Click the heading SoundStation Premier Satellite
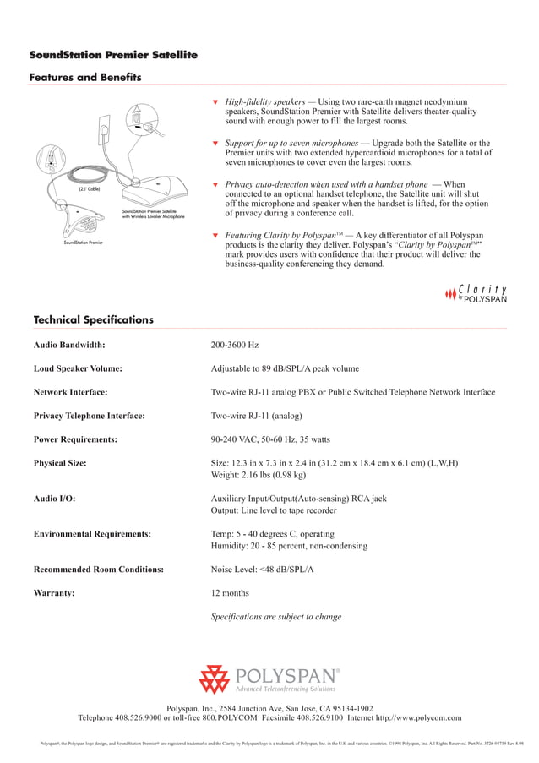113,55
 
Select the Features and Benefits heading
84,78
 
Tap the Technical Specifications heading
93,319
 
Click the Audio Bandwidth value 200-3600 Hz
234,345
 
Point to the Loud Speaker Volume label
78,368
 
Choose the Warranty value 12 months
229,593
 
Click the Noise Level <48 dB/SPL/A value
262,570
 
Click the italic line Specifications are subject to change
275,617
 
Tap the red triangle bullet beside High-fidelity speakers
215,102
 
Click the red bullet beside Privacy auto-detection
215,184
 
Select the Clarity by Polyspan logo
476,292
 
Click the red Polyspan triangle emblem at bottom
214,679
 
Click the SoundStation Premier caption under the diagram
83,243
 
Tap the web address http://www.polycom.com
420,717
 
